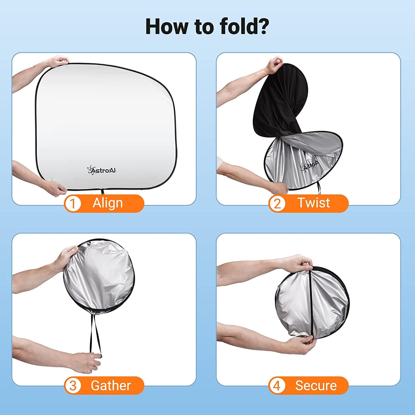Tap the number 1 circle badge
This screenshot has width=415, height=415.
tap(73, 203)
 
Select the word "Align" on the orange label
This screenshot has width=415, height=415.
tap(108, 203)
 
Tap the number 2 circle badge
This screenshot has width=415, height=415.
tap(277, 203)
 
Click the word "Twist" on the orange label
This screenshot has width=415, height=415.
tap(314, 203)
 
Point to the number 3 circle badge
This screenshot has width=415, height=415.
tap(73, 385)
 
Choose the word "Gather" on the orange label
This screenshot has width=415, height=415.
tap(111, 385)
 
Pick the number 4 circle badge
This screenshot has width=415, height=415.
tap(277, 385)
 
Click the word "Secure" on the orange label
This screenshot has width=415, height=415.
tap(316, 385)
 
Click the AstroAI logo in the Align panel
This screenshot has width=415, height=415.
tap(102, 170)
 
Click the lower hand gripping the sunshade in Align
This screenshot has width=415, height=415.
tap(55, 188)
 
